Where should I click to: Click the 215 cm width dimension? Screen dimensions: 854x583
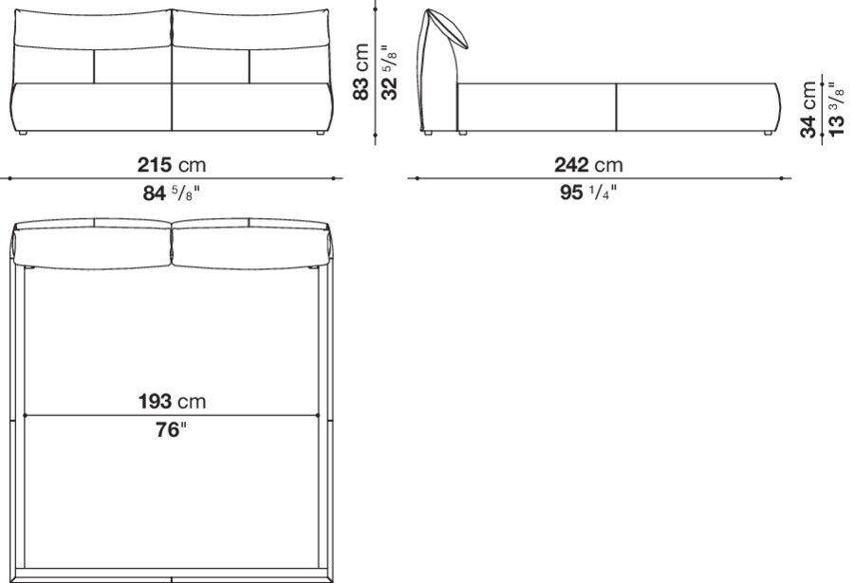172,164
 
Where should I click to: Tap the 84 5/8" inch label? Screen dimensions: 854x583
172,192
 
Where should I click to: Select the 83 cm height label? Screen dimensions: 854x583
362,72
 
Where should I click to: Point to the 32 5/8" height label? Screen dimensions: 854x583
389,72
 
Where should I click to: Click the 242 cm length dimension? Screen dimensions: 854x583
588,164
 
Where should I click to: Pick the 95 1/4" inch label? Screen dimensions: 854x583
588,192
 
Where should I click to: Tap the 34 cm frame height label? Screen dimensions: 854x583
808,109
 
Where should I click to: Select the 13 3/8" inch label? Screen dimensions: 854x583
836,109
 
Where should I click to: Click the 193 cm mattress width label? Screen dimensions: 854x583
172,402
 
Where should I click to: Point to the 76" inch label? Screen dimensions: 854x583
171,429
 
